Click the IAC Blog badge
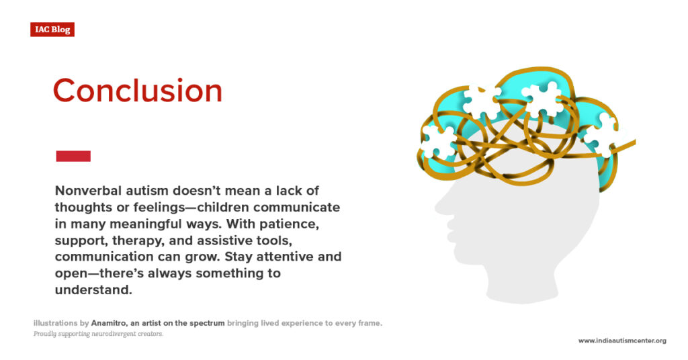tap(52, 30)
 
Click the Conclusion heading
tap(137, 91)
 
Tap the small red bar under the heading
tap(73, 156)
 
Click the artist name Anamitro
tap(113, 323)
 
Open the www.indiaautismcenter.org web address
tap(622, 341)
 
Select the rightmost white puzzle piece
tap(600, 134)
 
